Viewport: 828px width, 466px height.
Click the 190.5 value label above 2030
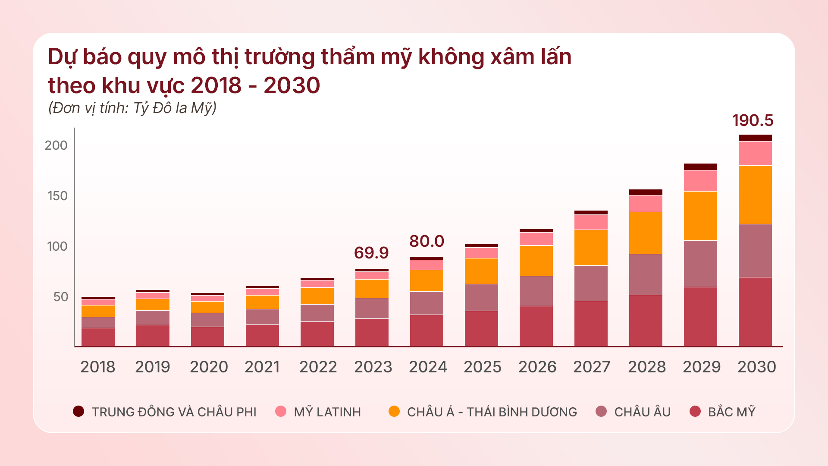(753, 120)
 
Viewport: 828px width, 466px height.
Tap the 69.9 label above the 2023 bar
(371, 253)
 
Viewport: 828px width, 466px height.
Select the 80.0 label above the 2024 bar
(427, 241)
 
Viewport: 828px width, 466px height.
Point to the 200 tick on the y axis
(56, 145)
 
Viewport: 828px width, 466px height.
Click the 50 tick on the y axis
(61, 297)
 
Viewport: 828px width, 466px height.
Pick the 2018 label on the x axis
(98, 367)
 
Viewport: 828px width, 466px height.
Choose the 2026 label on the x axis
(537, 367)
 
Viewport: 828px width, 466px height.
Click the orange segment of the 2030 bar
(755, 195)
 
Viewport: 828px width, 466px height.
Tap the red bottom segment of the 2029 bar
(700, 316)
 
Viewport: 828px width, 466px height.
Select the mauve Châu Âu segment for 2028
(646, 274)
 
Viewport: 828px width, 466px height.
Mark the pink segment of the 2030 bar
(755, 153)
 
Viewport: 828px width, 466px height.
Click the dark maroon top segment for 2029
(700, 167)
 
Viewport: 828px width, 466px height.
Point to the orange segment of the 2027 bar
(591, 247)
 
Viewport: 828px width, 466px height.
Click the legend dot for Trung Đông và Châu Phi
(78, 411)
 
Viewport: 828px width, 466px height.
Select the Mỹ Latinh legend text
(327, 412)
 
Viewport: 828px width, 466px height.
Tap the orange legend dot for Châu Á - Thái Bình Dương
(394, 411)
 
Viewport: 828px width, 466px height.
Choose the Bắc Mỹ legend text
(731, 412)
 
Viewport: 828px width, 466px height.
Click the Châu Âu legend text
(642, 412)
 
